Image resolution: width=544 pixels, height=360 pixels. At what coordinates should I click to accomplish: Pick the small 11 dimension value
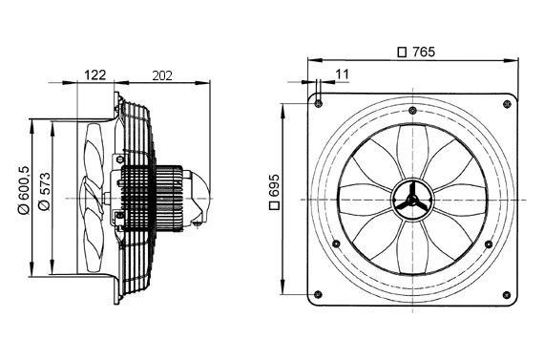pos(343,73)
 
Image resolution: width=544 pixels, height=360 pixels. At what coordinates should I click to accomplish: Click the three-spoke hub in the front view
pos(414,196)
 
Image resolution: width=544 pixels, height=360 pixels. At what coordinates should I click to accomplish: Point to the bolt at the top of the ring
pos(414,101)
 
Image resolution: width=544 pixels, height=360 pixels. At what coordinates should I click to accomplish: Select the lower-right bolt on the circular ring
pos(489,244)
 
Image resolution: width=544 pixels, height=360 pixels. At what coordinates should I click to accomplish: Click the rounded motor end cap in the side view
pos(200,195)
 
